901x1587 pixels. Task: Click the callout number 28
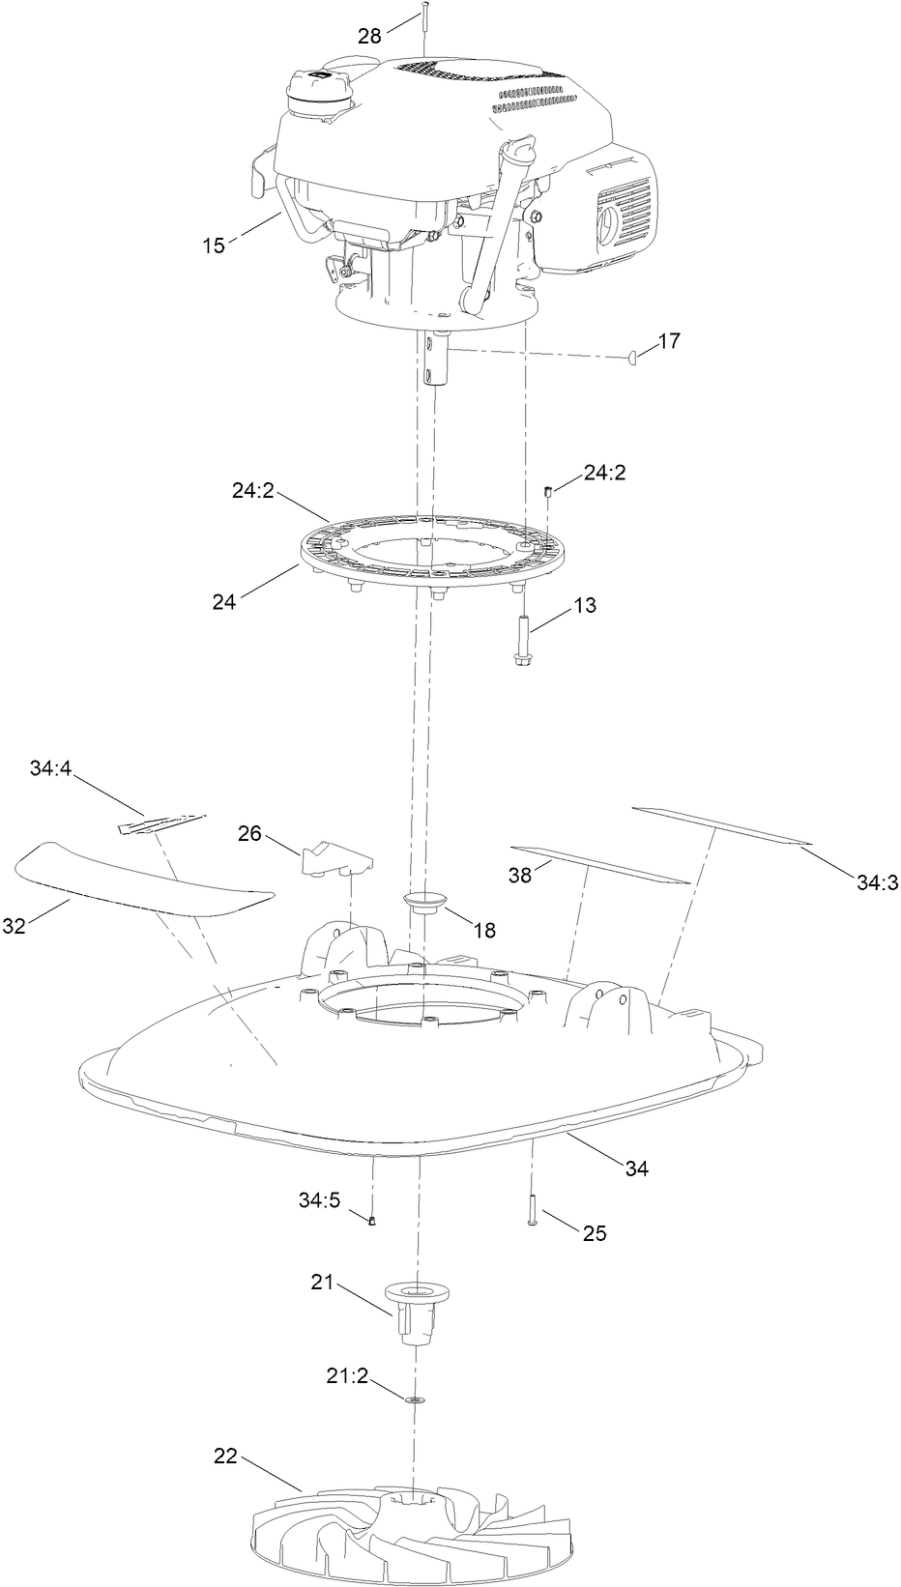(x=370, y=37)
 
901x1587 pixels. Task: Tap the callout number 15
(x=214, y=245)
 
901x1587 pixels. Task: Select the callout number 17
(x=669, y=341)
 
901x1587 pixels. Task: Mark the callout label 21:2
(x=348, y=1376)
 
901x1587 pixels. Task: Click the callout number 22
(x=225, y=1457)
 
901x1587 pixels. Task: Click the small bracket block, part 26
(x=337, y=856)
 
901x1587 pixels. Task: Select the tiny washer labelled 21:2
(x=418, y=1399)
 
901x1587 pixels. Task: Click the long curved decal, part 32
(x=140, y=878)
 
